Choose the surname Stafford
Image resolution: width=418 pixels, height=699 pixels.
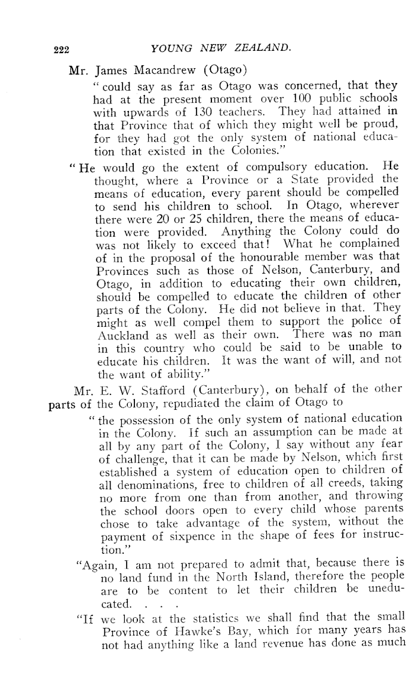(168, 389)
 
